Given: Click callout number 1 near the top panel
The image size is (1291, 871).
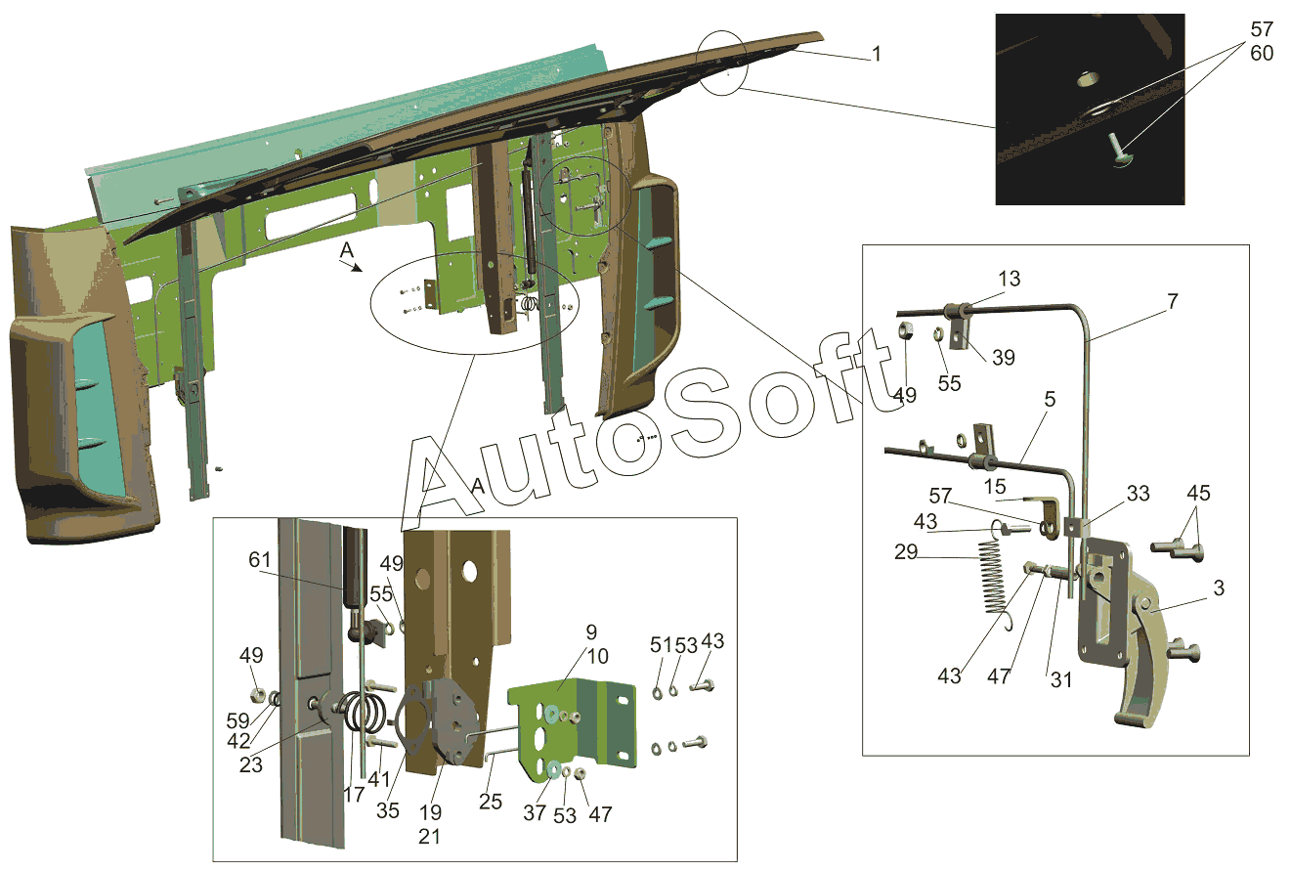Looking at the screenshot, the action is pyautogui.click(x=877, y=55).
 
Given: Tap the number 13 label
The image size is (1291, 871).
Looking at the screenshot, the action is pyautogui.click(x=1009, y=280).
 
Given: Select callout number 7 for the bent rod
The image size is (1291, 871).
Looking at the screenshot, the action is pyautogui.click(x=1172, y=302).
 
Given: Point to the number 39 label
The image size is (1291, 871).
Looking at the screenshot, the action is pyautogui.click(x=1003, y=359).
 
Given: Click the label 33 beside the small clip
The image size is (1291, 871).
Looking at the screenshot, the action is pyautogui.click(x=1138, y=496).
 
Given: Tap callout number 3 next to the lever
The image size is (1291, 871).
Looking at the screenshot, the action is pyautogui.click(x=1219, y=589).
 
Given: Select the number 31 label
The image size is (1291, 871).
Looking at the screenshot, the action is pyautogui.click(x=1060, y=679).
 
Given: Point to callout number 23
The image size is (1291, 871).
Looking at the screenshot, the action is pyautogui.click(x=251, y=765).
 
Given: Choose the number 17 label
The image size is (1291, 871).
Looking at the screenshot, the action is pyautogui.click(x=353, y=796).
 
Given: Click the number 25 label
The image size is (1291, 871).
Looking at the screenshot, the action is pyautogui.click(x=491, y=802).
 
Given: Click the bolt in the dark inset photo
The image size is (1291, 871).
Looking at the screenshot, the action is pyautogui.click(x=1115, y=151).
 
